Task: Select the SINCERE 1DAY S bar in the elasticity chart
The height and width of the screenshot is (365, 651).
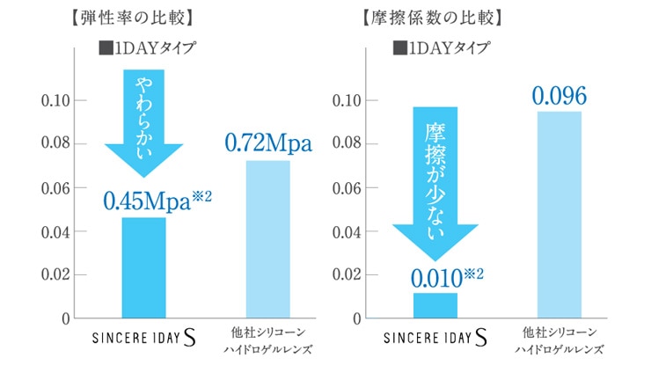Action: tap(143, 267)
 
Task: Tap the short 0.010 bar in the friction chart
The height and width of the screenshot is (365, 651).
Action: tap(435, 305)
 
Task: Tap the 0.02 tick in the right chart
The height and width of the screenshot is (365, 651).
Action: tap(344, 274)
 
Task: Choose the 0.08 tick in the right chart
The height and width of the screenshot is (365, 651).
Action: tap(344, 144)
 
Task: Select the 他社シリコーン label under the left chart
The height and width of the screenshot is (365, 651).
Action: tap(267, 333)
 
